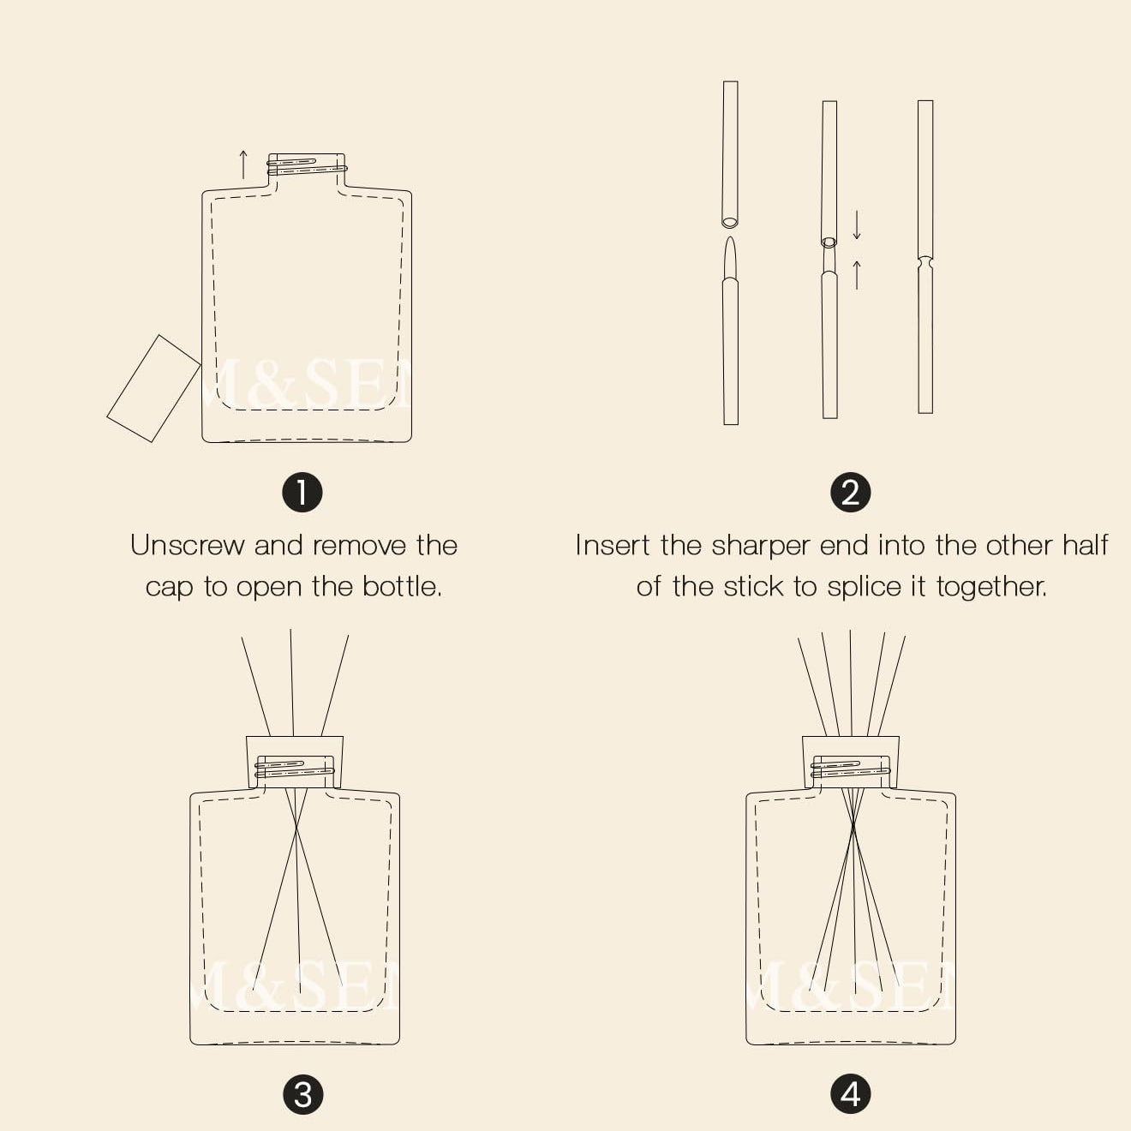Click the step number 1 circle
tap(302, 492)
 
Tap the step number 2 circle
tap(851, 492)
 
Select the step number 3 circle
tap(302, 1095)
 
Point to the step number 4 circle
tap(851, 1095)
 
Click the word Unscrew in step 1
tap(188, 545)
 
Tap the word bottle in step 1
tap(402, 586)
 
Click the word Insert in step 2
tap(612, 545)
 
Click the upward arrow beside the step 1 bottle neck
tap(243, 165)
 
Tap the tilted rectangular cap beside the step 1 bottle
tap(153, 388)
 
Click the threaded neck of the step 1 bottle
tap(307, 165)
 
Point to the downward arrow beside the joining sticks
tap(857, 224)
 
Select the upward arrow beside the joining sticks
tap(857, 275)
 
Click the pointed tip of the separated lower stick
tap(730, 238)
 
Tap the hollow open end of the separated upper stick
tap(729, 223)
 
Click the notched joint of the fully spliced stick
tap(925, 262)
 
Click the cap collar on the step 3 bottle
tap(295, 761)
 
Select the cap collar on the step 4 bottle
tap(851, 761)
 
